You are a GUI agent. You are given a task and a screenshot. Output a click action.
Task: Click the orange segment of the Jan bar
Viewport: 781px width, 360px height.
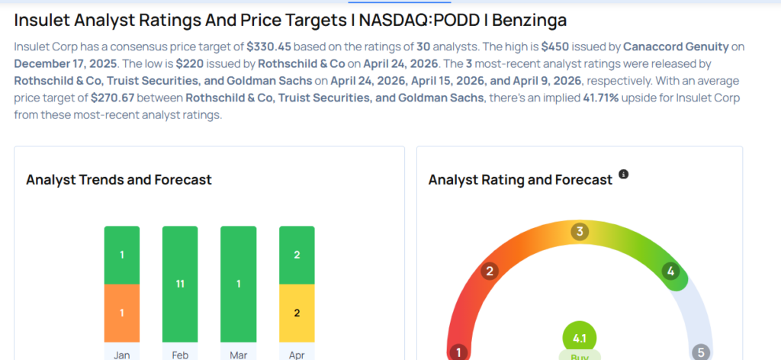pyautogui.click(x=122, y=313)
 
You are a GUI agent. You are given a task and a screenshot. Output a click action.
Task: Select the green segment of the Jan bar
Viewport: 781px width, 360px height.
pyautogui.click(x=122, y=255)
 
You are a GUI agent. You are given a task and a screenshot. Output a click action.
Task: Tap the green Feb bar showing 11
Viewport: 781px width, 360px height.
pyautogui.click(x=180, y=284)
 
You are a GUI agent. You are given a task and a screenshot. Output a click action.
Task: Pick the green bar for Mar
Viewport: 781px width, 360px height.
pyautogui.click(x=238, y=284)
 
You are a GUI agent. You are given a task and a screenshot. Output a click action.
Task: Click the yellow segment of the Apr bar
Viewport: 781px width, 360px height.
pyautogui.click(x=297, y=313)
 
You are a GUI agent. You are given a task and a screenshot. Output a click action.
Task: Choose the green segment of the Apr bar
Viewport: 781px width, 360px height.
pyautogui.click(x=297, y=255)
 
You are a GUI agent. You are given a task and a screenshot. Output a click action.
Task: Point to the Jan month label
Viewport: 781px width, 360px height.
pyautogui.click(x=122, y=354)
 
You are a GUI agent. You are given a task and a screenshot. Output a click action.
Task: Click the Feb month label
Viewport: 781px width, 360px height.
pyautogui.click(x=180, y=354)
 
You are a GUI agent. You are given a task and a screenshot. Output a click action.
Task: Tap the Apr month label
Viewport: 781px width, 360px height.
pyautogui.click(x=297, y=354)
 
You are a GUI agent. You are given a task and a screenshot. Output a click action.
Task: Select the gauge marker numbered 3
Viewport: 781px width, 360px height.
pyautogui.click(x=580, y=232)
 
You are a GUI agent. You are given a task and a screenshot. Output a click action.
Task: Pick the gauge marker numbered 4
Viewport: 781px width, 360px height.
pyautogui.click(x=670, y=272)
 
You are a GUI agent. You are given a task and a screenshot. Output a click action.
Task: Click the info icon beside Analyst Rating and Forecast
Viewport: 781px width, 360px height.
pyautogui.click(x=623, y=175)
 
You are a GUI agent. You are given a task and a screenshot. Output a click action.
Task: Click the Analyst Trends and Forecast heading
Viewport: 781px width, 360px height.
pyautogui.click(x=119, y=180)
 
